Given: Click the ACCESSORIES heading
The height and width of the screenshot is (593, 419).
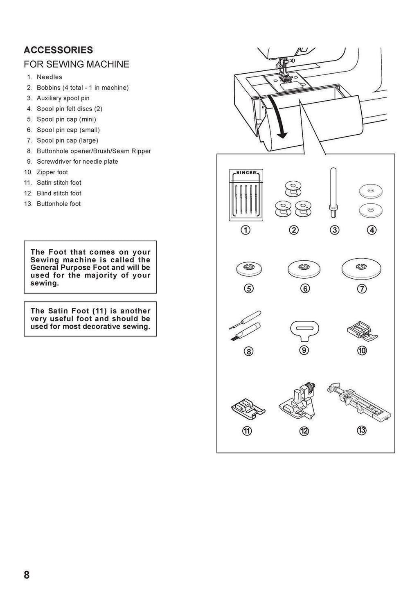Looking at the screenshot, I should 58,50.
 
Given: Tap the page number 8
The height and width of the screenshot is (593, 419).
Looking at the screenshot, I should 27,575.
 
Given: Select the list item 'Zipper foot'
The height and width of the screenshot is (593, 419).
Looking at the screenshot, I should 52,172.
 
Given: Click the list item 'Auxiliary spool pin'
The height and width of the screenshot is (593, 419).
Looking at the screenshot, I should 63,98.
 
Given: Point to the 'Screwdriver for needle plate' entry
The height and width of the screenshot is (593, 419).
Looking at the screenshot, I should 77,162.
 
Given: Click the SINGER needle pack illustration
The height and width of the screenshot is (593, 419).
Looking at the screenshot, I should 246,195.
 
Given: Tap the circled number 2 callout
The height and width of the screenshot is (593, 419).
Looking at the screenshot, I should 293,230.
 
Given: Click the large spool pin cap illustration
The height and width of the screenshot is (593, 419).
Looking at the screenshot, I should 359,268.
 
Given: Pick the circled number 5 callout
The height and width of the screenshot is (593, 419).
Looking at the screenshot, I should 248,289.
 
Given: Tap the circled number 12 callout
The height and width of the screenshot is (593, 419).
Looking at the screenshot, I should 304,431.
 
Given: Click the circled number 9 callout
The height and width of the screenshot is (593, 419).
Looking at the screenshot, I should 304,350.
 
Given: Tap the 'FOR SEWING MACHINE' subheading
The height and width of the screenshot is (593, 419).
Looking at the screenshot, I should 77,64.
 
